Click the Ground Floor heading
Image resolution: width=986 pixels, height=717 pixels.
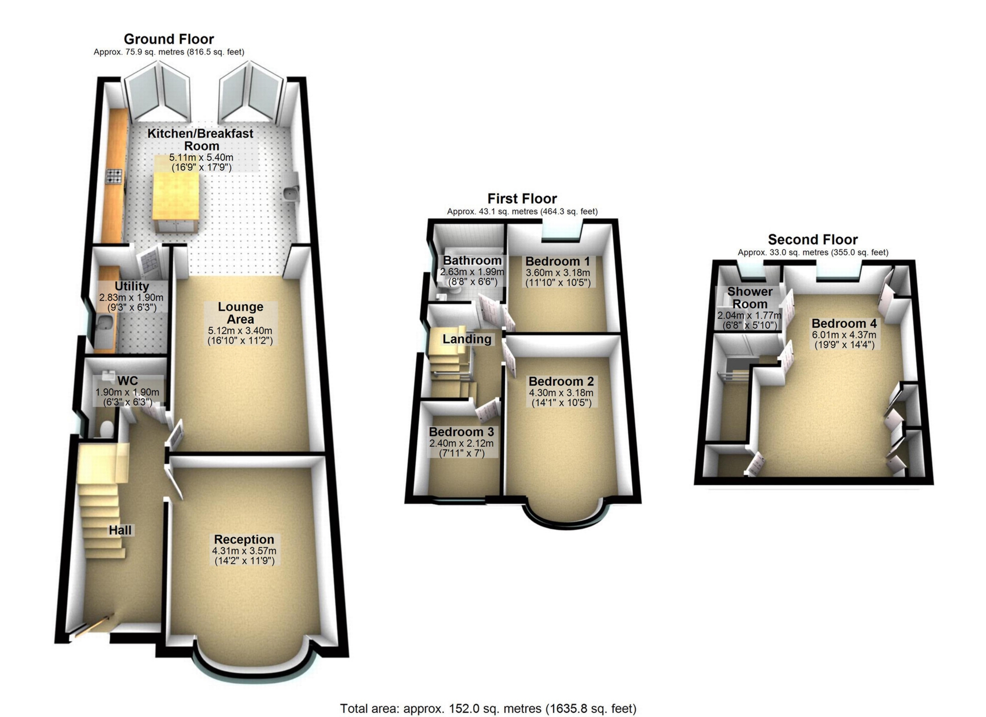coord(168,39)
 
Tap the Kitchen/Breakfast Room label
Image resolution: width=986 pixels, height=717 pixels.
coord(200,140)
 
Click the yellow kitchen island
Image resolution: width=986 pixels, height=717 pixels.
coord(176,194)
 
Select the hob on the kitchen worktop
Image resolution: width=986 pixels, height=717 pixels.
coord(114,176)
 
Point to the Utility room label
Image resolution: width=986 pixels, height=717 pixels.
coord(131,286)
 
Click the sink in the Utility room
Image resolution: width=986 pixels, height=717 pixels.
coord(105,324)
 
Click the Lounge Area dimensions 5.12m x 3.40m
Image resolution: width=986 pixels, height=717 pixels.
coord(240,331)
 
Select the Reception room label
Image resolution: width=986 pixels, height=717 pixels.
coord(244,539)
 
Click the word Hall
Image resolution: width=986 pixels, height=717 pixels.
coord(120,530)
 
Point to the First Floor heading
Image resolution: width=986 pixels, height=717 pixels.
coord(522,198)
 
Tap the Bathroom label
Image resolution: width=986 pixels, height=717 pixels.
coord(472,260)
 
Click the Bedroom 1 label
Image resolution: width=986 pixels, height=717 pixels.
coord(558,261)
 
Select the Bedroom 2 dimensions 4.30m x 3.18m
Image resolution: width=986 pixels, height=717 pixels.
coord(561,393)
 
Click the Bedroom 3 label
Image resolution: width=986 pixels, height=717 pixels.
coord(461,432)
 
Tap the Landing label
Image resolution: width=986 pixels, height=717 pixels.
coord(467,339)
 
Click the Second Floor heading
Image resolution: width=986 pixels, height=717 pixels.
coord(812,239)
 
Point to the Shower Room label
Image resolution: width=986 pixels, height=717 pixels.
coord(750,298)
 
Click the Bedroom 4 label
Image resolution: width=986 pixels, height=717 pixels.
coord(844,324)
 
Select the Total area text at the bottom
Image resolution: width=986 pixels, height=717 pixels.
coord(488,709)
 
